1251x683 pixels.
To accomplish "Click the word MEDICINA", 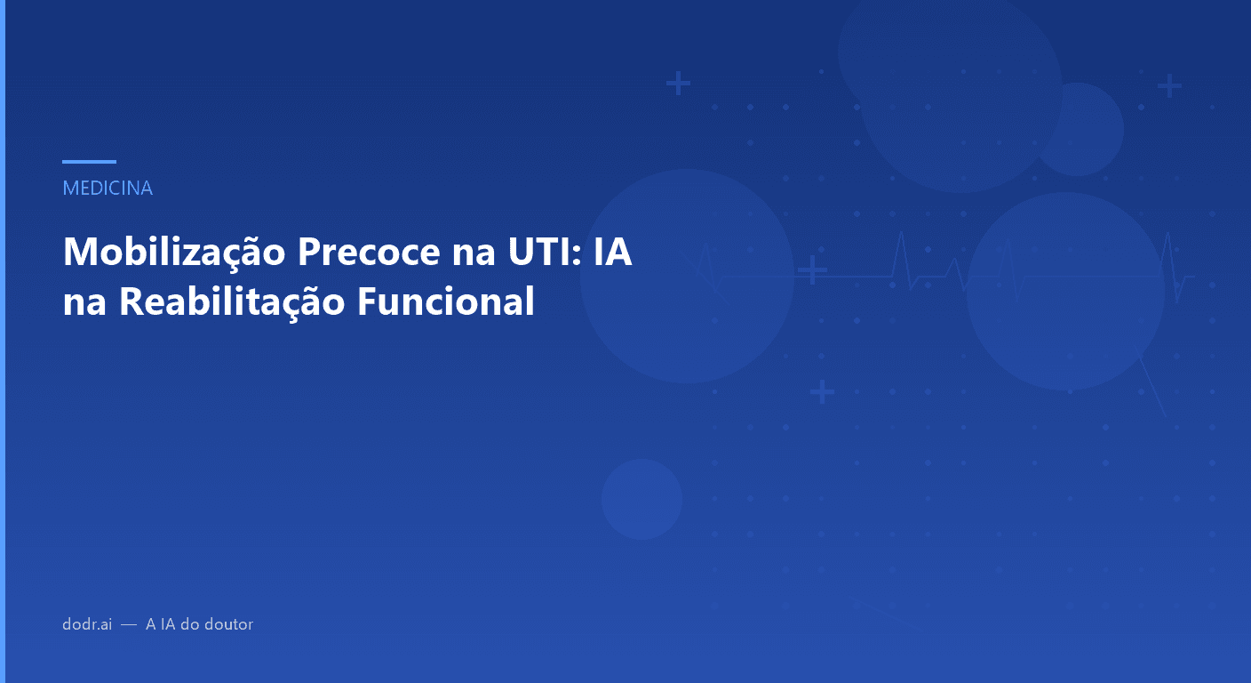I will point(108,189).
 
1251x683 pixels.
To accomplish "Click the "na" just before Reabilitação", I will point(84,302).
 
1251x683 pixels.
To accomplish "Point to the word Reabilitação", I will point(232,302).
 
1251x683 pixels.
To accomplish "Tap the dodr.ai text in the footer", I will point(87,624).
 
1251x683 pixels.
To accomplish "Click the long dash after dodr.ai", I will point(129,625).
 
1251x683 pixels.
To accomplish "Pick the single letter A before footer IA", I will point(151,624).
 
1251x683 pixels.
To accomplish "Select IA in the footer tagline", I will point(167,624).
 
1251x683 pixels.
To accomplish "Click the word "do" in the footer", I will point(189,624).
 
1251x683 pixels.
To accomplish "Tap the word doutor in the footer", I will point(229,624).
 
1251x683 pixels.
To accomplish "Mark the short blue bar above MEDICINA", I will point(89,162).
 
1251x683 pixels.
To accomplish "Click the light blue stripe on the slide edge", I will point(3,341).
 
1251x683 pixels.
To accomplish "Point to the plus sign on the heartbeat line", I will point(812,269).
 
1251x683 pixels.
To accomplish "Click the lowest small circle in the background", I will point(641,499).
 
